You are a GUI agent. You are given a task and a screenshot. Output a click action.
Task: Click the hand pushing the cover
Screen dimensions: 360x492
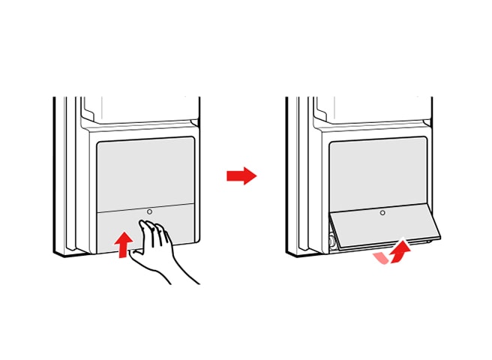click(160, 247)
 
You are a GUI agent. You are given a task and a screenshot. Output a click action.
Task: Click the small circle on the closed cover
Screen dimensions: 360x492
click(149, 212)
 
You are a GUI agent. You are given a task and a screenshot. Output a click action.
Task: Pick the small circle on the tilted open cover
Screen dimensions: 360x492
click(382, 213)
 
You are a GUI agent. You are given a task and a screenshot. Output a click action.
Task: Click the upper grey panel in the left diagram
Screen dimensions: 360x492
click(147, 171)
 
